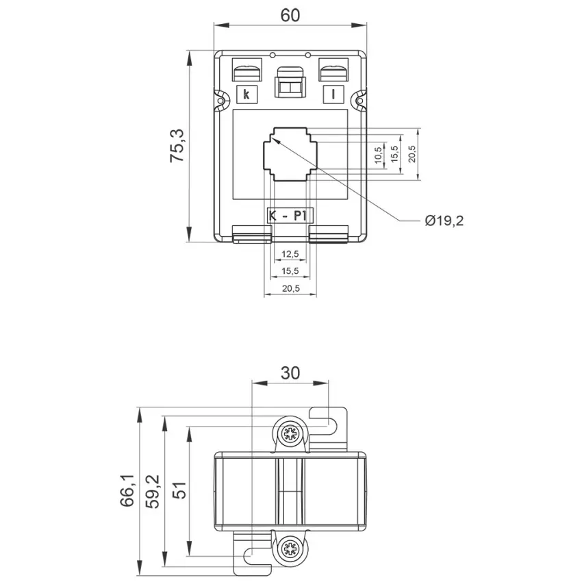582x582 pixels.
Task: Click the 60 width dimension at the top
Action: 290,16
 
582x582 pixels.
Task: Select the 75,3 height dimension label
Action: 177,145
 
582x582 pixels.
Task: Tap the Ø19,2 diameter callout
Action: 444,221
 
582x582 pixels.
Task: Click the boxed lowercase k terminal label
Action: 246,94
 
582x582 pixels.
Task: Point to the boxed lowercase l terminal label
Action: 333,94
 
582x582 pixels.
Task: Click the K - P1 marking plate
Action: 290,216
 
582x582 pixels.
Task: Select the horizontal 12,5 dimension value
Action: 290,254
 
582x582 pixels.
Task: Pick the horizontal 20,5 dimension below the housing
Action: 290,288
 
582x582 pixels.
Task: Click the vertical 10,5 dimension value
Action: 378,155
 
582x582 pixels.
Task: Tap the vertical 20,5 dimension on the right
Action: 412,153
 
